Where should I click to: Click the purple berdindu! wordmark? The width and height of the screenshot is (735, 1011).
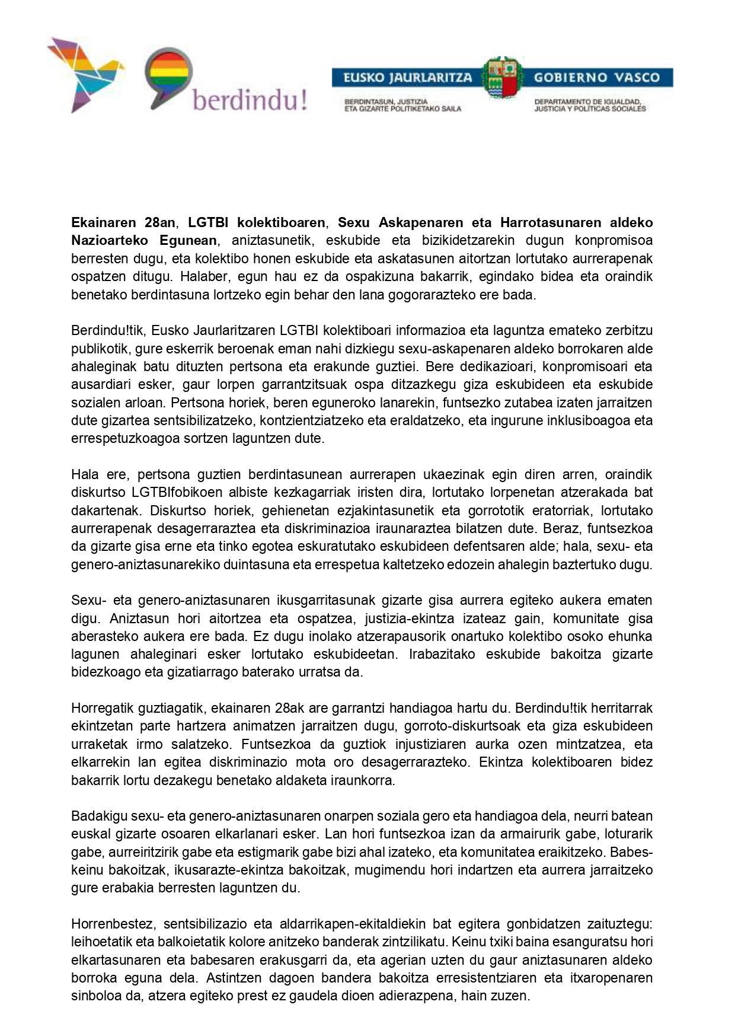[250, 100]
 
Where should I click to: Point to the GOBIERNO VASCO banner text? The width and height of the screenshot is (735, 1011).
[596, 78]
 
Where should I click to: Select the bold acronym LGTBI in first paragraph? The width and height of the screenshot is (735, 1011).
[207, 223]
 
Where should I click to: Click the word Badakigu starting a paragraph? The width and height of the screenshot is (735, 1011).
[99, 816]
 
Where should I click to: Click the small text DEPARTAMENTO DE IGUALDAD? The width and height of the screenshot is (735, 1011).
[587, 102]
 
